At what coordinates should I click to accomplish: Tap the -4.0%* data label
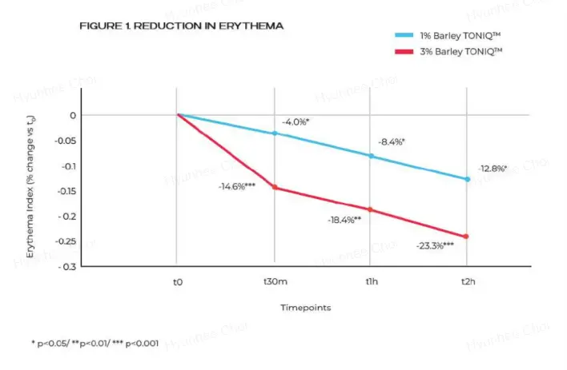pyautogui.click(x=296, y=121)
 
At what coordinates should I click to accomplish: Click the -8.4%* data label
pyautogui.click(x=391, y=141)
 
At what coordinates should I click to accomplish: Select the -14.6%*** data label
pyautogui.click(x=236, y=186)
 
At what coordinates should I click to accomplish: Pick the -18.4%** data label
pyautogui.click(x=344, y=219)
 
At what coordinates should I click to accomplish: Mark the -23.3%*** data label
pyautogui.click(x=435, y=245)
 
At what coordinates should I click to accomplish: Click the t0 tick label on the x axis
pyautogui.click(x=177, y=282)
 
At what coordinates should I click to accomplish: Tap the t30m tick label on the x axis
pyautogui.click(x=275, y=282)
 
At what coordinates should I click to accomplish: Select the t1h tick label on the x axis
pyautogui.click(x=371, y=282)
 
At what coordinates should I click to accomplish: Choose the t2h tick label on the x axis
pyautogui.click(x=467, y=282)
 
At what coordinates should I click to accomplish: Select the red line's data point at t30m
pyautogui.click(x=275, y=187)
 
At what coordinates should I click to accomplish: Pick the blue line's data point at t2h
pyautogui.click(x=467, y=179)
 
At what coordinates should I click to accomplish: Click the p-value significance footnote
pyautogui.click(x=94, y=343)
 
